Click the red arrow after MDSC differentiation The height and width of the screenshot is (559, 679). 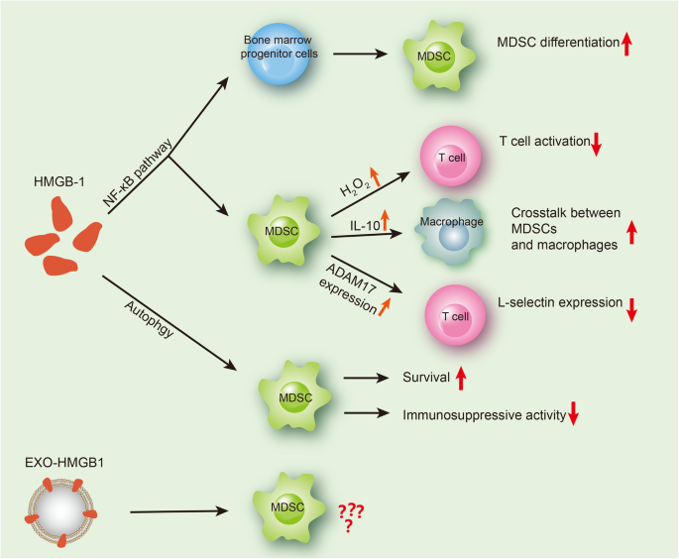point(626,43)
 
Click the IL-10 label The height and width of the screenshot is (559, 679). point(362,226)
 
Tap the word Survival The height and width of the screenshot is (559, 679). point(425,378)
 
